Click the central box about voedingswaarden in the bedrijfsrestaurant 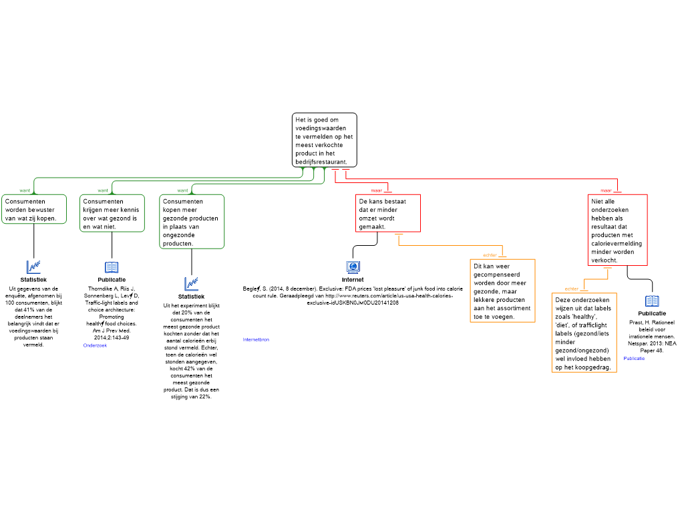(x=325, y=140)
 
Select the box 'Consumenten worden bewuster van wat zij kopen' (x=34, y=209)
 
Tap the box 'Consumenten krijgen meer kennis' (x=112, y=213)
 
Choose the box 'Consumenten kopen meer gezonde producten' (x=192, y=222)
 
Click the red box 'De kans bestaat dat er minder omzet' (x=388, y=213)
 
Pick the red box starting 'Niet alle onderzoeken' (x=618, y=230)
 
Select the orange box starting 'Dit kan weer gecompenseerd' (x=503, y=291)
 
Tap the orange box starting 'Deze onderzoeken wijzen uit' (x=584, y=333)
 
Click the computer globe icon (x=353, y=267)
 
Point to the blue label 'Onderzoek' (x=95, y=345)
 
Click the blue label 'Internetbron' (x=256, y=340)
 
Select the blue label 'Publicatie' (x=634, y=359)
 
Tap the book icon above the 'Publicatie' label (x=652, y=301)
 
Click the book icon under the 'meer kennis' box (x=112, y=267)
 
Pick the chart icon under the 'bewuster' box (x=33, y=267)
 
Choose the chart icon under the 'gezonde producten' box (x=192, y=285)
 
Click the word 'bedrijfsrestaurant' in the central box (x=321, y=162)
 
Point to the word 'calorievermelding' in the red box (x=617, y=243)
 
